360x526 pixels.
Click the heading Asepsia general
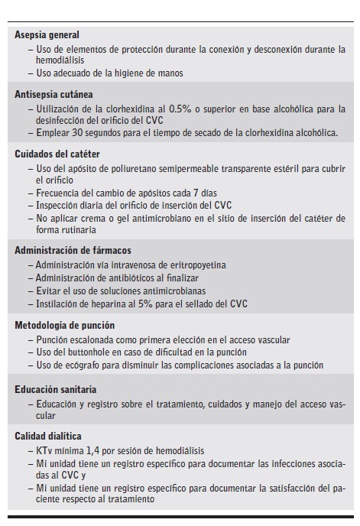point(47,34)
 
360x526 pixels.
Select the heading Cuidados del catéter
point(54,153)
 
